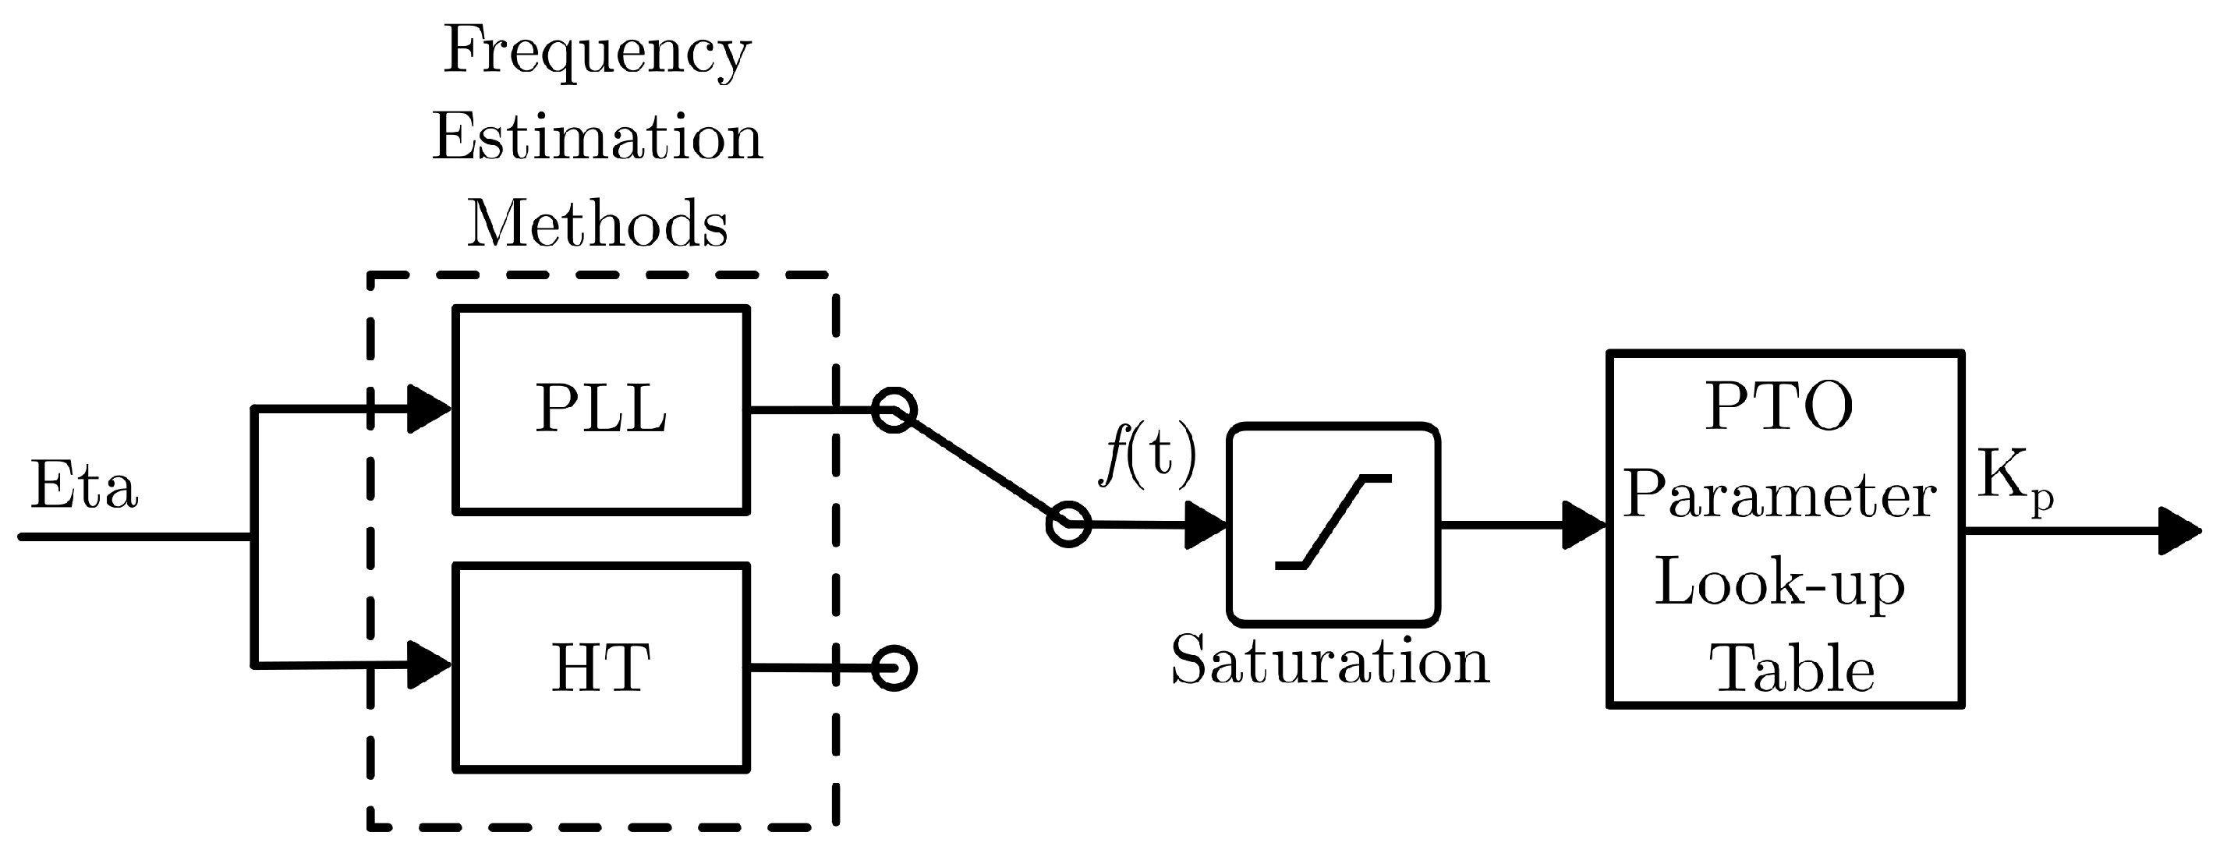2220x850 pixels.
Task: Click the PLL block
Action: tap(600, 409)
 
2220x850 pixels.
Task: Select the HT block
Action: tap(600, 668)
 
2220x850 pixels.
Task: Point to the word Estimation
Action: tap(597, 138)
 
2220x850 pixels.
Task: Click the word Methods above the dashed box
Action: tap(597, 224)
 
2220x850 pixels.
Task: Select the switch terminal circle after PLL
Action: tap(894, 409)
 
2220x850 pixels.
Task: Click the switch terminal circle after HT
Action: tap(894, 668)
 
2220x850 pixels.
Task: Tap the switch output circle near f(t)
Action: tap(1068, 524)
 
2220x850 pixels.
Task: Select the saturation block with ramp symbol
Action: tap(1333, 524)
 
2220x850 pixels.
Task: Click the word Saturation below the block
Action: tap(1330, 662)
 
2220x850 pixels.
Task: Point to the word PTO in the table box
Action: tap(1779, 407)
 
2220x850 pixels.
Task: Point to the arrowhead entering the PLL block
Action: tap(428, 409)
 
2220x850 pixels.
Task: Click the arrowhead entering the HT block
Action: tap(428, 664)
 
